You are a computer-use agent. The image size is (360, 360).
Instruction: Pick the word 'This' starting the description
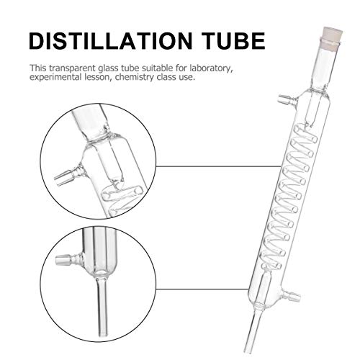pyautogui.click(x=38, y=67)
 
